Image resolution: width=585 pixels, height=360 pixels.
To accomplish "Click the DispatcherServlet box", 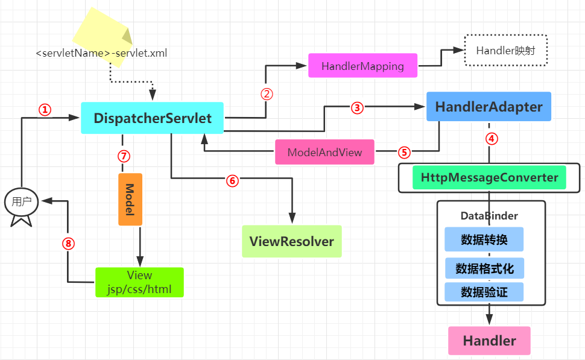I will point(152,118).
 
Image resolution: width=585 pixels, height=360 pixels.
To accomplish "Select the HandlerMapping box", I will point(362,66).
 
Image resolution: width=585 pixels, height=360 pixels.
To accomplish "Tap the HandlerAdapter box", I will point(489,107).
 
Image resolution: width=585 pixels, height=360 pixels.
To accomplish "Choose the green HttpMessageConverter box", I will point(489,178).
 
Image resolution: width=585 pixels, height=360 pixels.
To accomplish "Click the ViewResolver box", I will point(291,242).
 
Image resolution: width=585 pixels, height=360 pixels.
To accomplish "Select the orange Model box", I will point(130,200).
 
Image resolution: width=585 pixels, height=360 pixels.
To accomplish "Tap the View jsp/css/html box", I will point(139,282).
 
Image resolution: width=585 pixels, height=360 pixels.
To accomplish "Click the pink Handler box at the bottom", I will point(489,341).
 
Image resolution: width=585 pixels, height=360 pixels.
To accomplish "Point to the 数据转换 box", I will point(484,239).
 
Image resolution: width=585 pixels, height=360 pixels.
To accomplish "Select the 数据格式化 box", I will point(484,268).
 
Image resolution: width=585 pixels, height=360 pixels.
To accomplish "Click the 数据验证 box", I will point(484,292).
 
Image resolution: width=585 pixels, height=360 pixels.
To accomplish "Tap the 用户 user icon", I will point(22,203).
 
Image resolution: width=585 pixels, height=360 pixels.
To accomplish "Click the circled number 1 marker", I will point(45,110).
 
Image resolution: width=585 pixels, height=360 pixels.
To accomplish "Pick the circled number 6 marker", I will point(233,180).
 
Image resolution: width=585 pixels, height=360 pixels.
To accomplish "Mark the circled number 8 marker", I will point(68,244).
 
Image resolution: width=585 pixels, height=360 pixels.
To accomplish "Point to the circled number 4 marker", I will point(492,138).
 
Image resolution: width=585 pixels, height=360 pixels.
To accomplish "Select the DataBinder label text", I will point(489,215).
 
